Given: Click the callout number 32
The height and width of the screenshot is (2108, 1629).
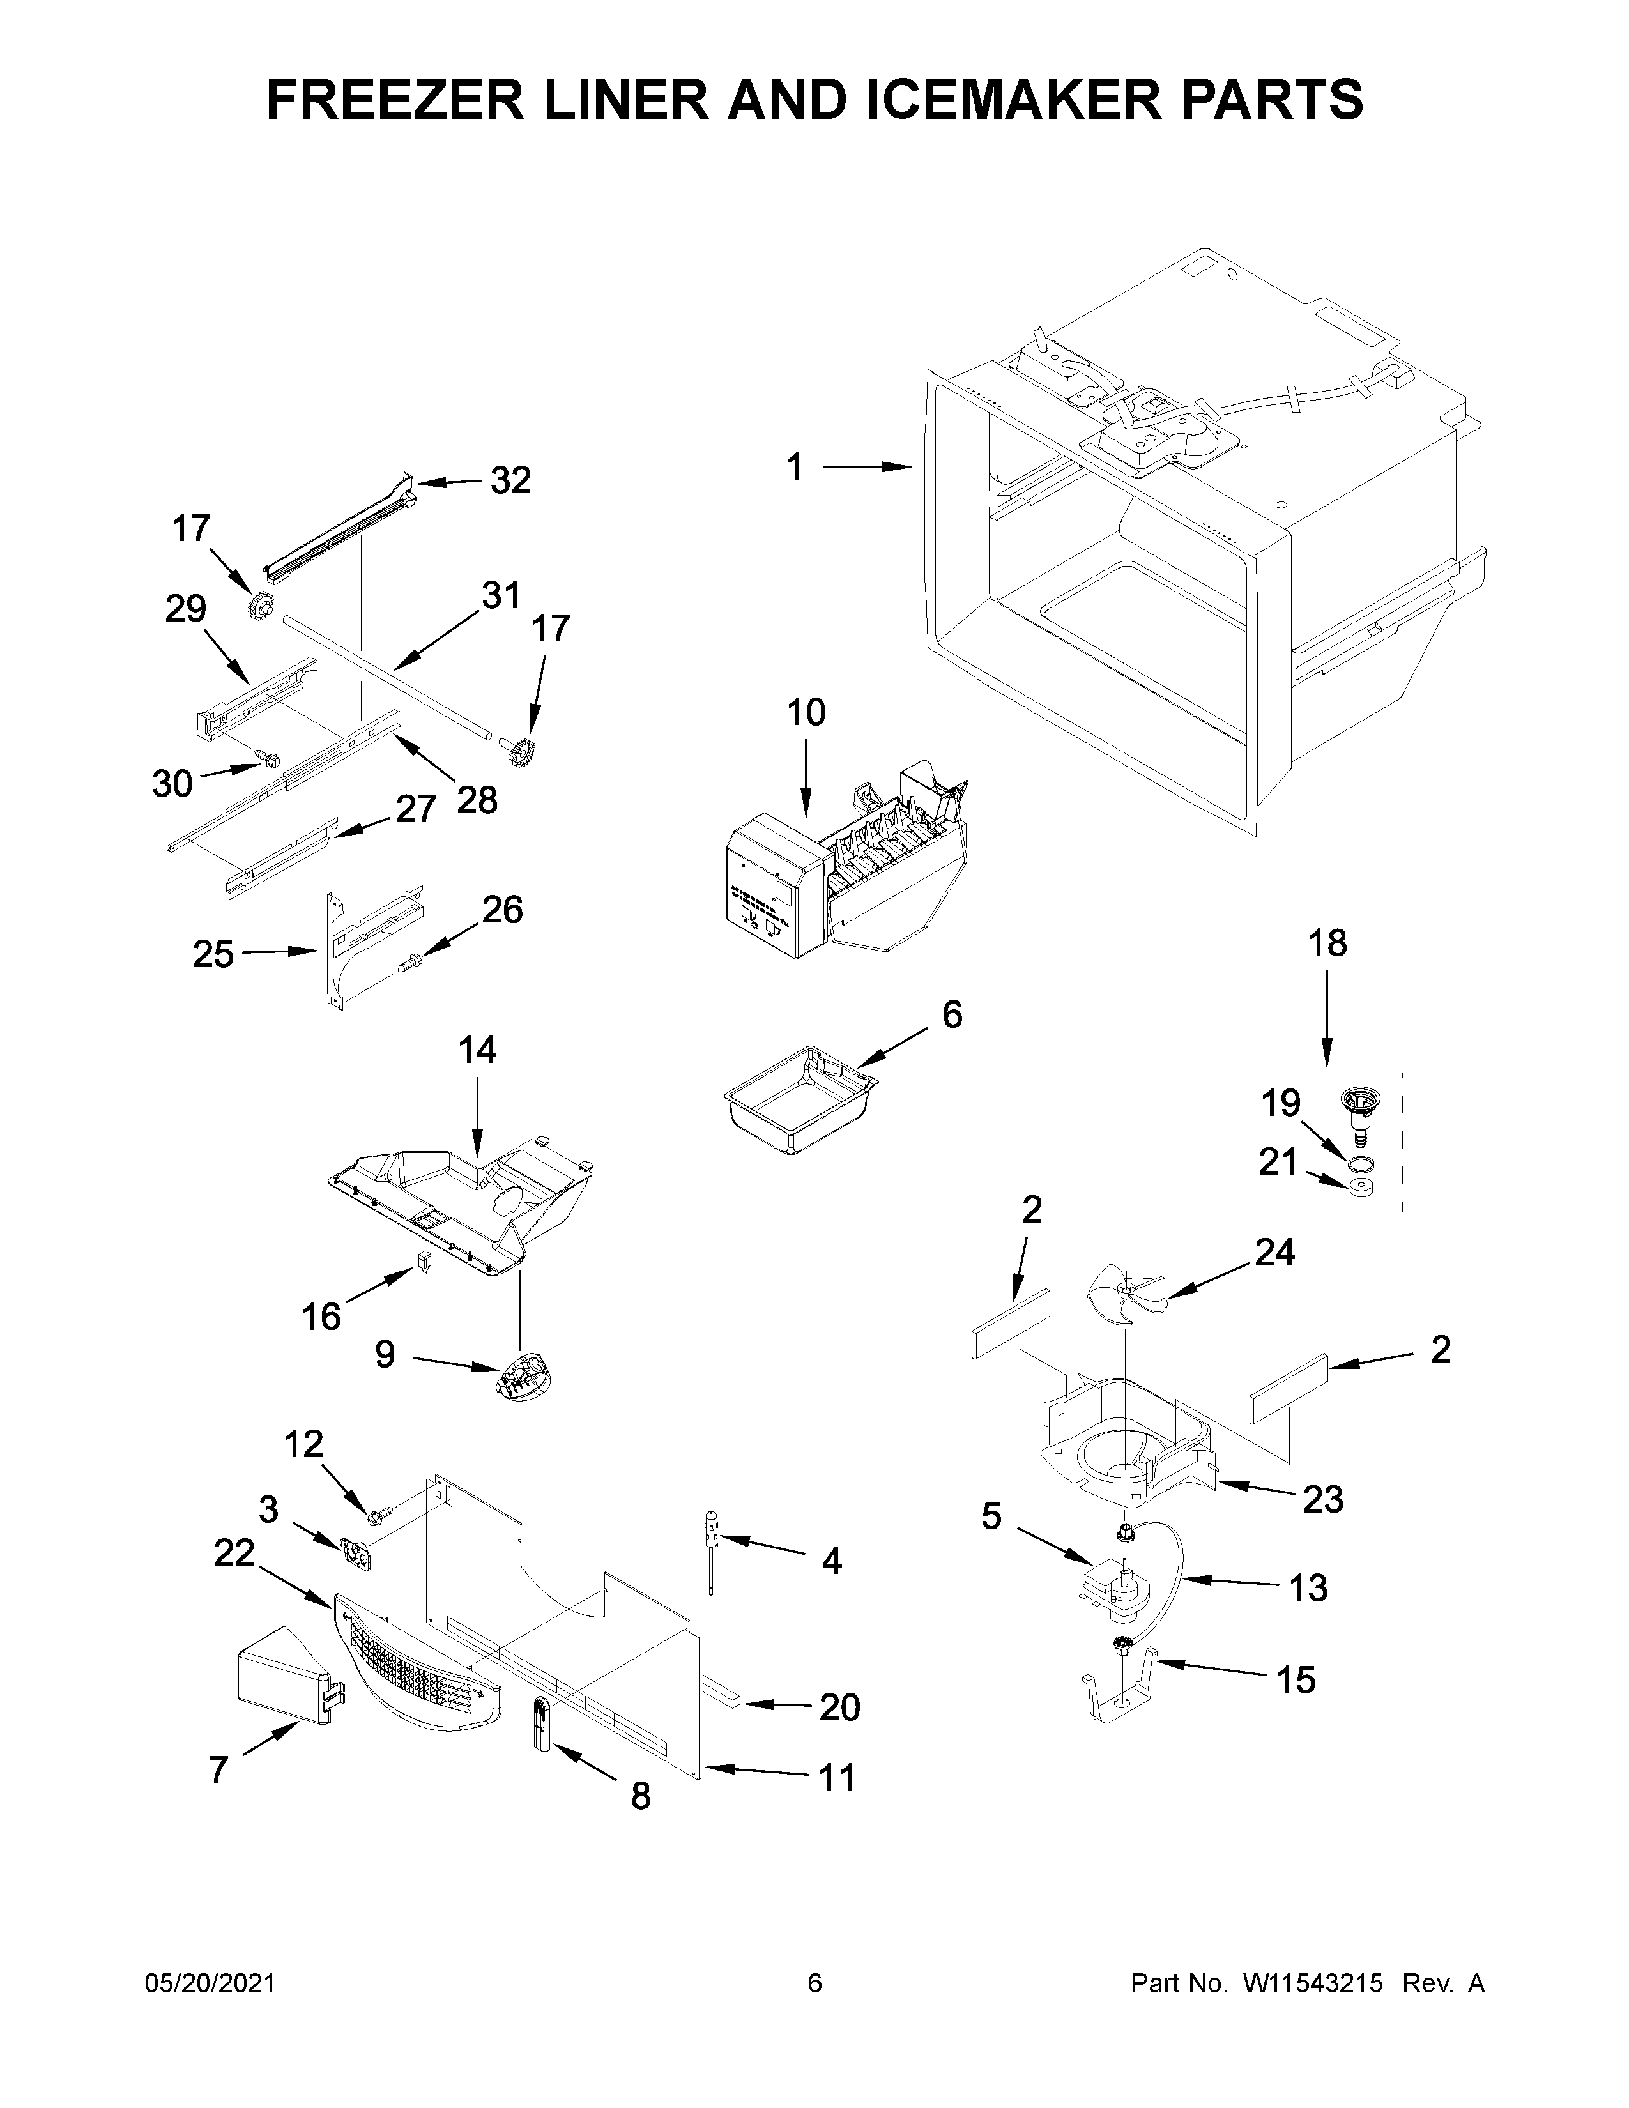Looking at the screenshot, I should coord(510,480).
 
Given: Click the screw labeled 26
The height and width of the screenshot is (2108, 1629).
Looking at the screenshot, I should coord(410,961).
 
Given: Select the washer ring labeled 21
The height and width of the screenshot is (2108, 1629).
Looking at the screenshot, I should coord(1362,1185).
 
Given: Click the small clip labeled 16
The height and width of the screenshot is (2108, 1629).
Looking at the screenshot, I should coord(422,1260).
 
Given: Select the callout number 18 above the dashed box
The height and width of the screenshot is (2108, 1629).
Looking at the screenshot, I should coord(1327,943).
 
